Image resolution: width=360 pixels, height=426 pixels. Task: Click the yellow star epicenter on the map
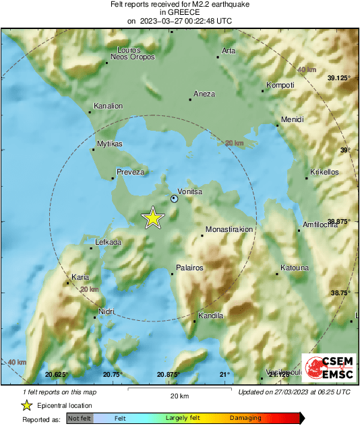(153, 218)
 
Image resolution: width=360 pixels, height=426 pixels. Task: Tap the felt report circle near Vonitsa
(175, 199)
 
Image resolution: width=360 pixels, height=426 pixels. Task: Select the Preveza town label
(131, 173)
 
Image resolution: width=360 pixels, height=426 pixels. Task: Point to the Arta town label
(229, 51)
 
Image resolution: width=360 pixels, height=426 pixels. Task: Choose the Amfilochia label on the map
(321, 224)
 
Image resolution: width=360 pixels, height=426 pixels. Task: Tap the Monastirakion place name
(229, 229)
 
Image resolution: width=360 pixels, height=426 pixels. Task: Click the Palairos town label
(189, 268)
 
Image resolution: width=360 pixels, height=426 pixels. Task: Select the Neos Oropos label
(133, 57)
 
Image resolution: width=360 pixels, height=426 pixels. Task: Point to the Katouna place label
(294, 268)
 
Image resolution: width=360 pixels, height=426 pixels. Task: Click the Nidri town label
(106, 311)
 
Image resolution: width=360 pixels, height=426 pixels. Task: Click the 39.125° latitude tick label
(339, 79)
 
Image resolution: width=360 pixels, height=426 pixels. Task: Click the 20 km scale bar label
(179, 396)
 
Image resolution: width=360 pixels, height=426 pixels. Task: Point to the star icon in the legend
(26, 405)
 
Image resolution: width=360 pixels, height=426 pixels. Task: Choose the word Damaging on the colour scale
(245, 418)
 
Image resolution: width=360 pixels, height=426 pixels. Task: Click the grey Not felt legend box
(80, 419)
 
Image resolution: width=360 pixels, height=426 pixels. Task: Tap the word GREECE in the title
(179, 12)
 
